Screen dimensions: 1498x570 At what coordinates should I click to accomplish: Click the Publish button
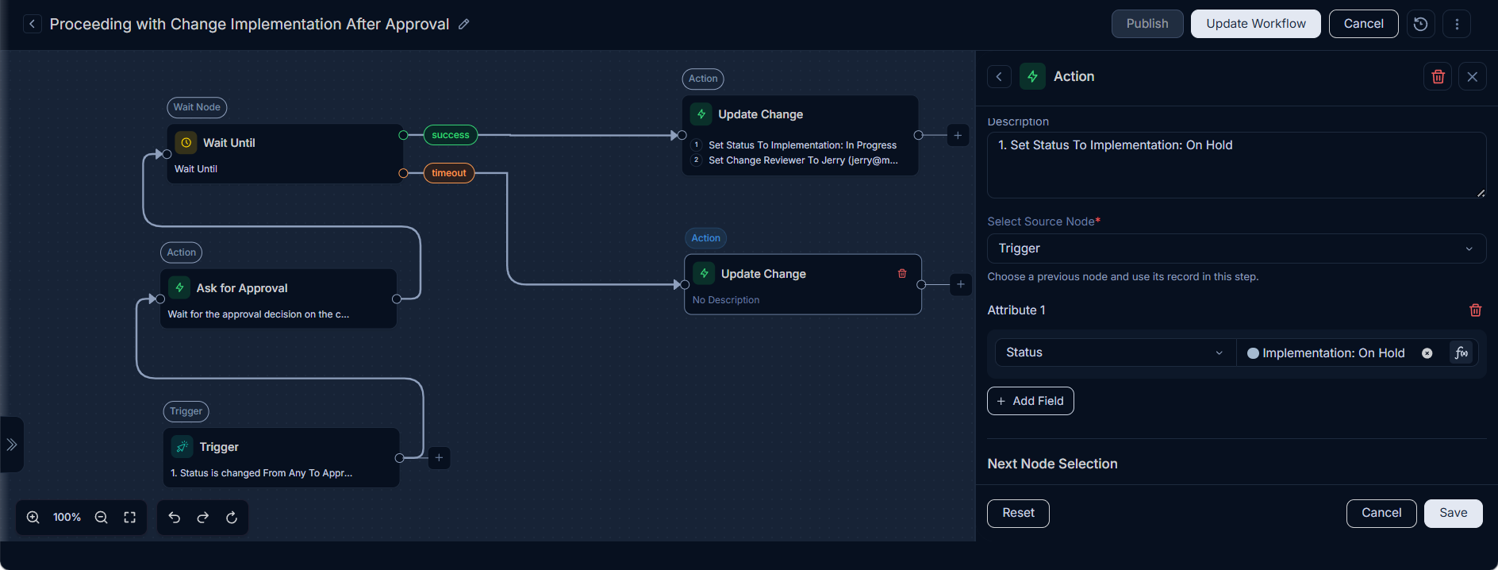coord(1147,24)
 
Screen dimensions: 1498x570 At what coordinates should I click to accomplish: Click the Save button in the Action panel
coord(1453,513)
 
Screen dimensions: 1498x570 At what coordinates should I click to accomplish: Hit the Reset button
coord(1018,513)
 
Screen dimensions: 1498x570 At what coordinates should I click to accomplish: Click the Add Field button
coord(1030,401)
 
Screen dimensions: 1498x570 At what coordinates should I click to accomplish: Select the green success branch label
coord(451,135)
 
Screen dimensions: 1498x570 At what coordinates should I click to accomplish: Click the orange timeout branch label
coord(449,173)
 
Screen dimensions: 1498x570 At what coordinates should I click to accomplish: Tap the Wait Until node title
coord(229,143)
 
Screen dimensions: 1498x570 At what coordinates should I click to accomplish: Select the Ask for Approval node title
coord(242,288)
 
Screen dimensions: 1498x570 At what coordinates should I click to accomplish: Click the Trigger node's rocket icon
coord(182,446)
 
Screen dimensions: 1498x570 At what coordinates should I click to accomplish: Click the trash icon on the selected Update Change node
coord(902,274)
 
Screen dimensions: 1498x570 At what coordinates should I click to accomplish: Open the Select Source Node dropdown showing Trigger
coord(1236,248)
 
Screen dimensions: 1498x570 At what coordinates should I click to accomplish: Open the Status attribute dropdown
coord(1115,352)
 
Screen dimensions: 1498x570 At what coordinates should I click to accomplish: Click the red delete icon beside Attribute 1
coord(1475,310)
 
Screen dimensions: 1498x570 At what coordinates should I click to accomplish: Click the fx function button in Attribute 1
coord(1461,352)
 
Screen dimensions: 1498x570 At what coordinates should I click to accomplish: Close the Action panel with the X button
coord(1472,77)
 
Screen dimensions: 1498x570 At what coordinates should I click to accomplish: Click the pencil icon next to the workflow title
coord(464,25)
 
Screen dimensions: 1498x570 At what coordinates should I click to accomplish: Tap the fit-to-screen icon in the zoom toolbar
coord(130,518)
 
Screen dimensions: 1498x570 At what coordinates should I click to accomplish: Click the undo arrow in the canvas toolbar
coord(175,518)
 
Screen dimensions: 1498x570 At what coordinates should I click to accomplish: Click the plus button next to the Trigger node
coord(439,458)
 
